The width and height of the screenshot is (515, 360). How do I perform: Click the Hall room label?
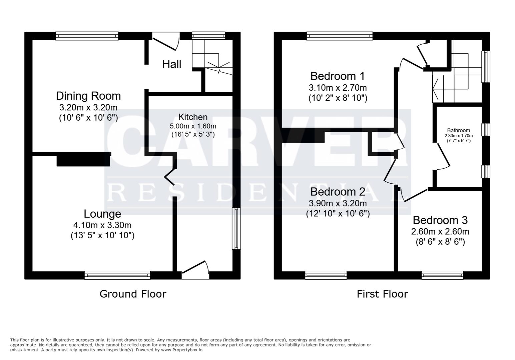click(172, 64)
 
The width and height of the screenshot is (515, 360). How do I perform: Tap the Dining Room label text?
click(88, 96)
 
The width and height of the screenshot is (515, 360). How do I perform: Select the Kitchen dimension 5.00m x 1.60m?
click(193, 126)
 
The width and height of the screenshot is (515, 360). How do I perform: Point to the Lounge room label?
click(102, 214)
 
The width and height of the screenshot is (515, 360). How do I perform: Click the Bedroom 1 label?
click(338, 76)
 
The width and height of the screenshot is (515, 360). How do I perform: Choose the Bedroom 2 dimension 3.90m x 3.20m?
click(338, 203)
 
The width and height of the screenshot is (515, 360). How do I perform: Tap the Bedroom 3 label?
click(440, 220)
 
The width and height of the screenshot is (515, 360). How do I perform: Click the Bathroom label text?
click(459, 131)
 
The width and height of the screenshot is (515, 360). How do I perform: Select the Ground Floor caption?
click(133, 294)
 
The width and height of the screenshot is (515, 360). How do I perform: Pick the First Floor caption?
click(382, 294)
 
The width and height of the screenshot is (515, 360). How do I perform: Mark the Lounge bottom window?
click(117, 275)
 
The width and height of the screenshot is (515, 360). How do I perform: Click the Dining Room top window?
click(87, 36)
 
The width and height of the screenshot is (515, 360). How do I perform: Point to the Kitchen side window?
click(236, 229)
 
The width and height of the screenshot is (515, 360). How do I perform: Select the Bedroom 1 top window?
click(340, 36)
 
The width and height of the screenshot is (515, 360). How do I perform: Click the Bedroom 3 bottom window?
click(442, 275)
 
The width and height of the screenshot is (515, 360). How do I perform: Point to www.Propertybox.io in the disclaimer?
click(181, 350)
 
